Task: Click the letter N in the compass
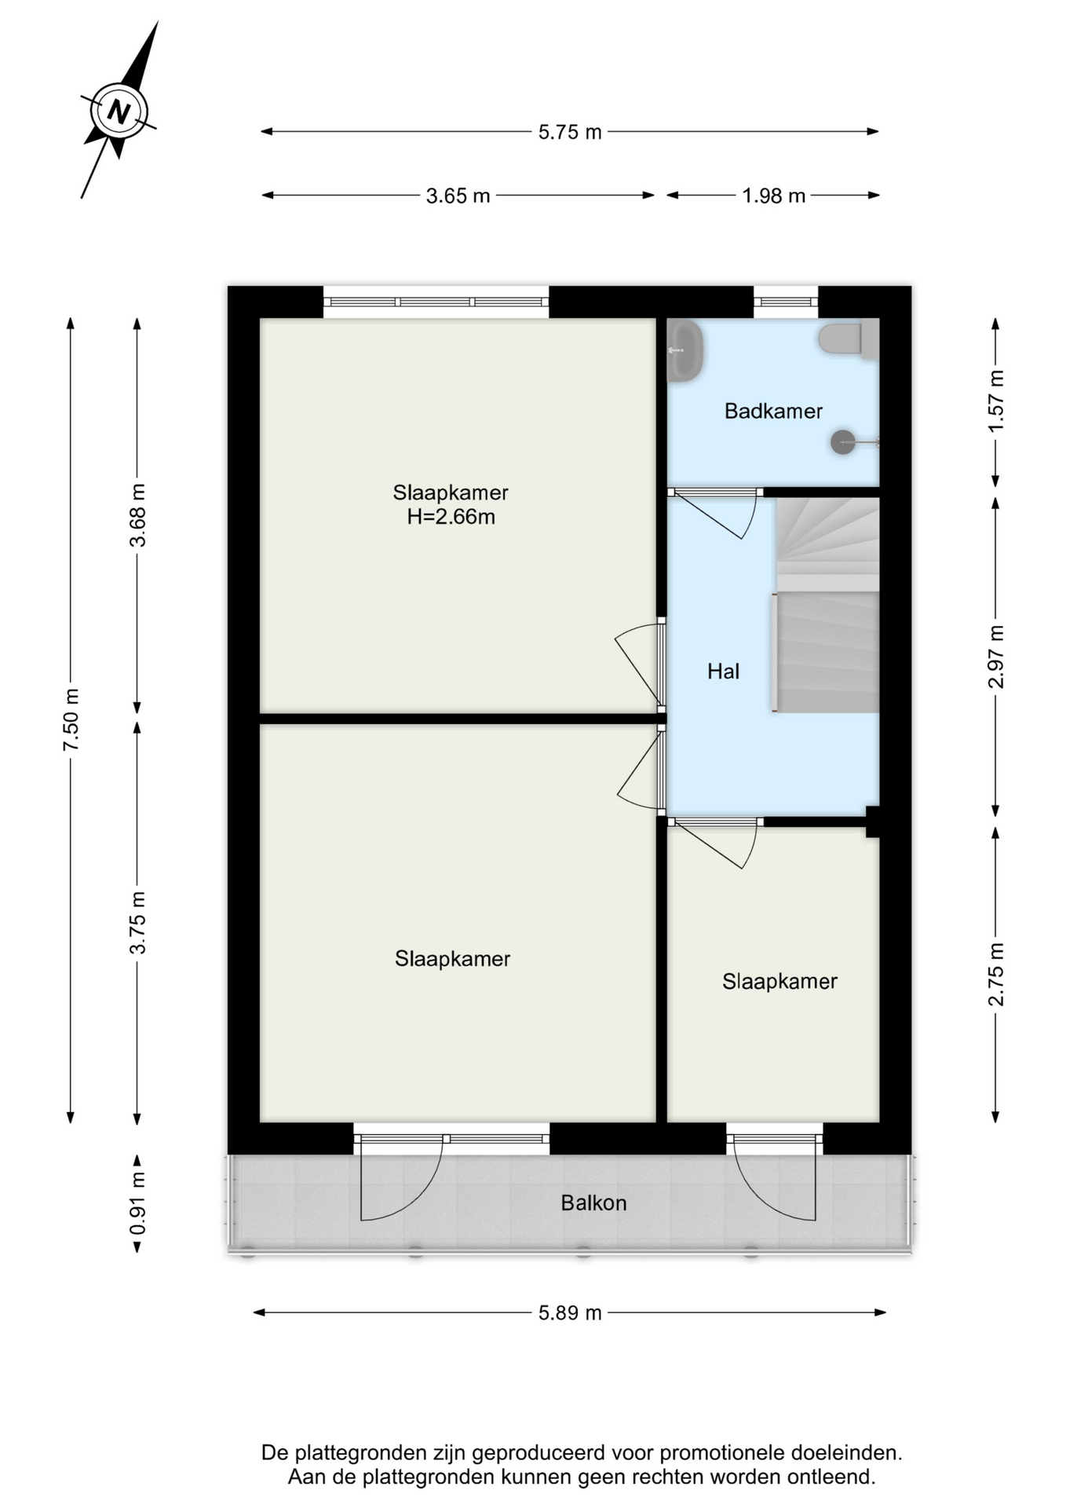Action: point(119,112)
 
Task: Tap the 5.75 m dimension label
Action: point(570,132)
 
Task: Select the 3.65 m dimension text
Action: point(458,196)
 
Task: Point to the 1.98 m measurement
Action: point(774,196)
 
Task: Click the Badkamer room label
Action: point(773,411)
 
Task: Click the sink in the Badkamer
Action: point(685,351)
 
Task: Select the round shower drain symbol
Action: point(843,442)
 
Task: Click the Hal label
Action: point(723,671)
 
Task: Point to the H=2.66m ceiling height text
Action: point(451,517)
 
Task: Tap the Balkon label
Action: point(593,1203)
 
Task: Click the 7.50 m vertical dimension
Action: point(71,719)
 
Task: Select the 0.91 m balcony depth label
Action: point(137,1202)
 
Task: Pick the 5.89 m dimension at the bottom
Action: point(570,1312)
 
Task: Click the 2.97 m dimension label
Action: point(996,657)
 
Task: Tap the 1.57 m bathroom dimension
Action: point(996,401)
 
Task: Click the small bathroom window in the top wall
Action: point(786,302)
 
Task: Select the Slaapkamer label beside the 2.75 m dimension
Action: point(779,981)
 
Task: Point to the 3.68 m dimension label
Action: point(137,515)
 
